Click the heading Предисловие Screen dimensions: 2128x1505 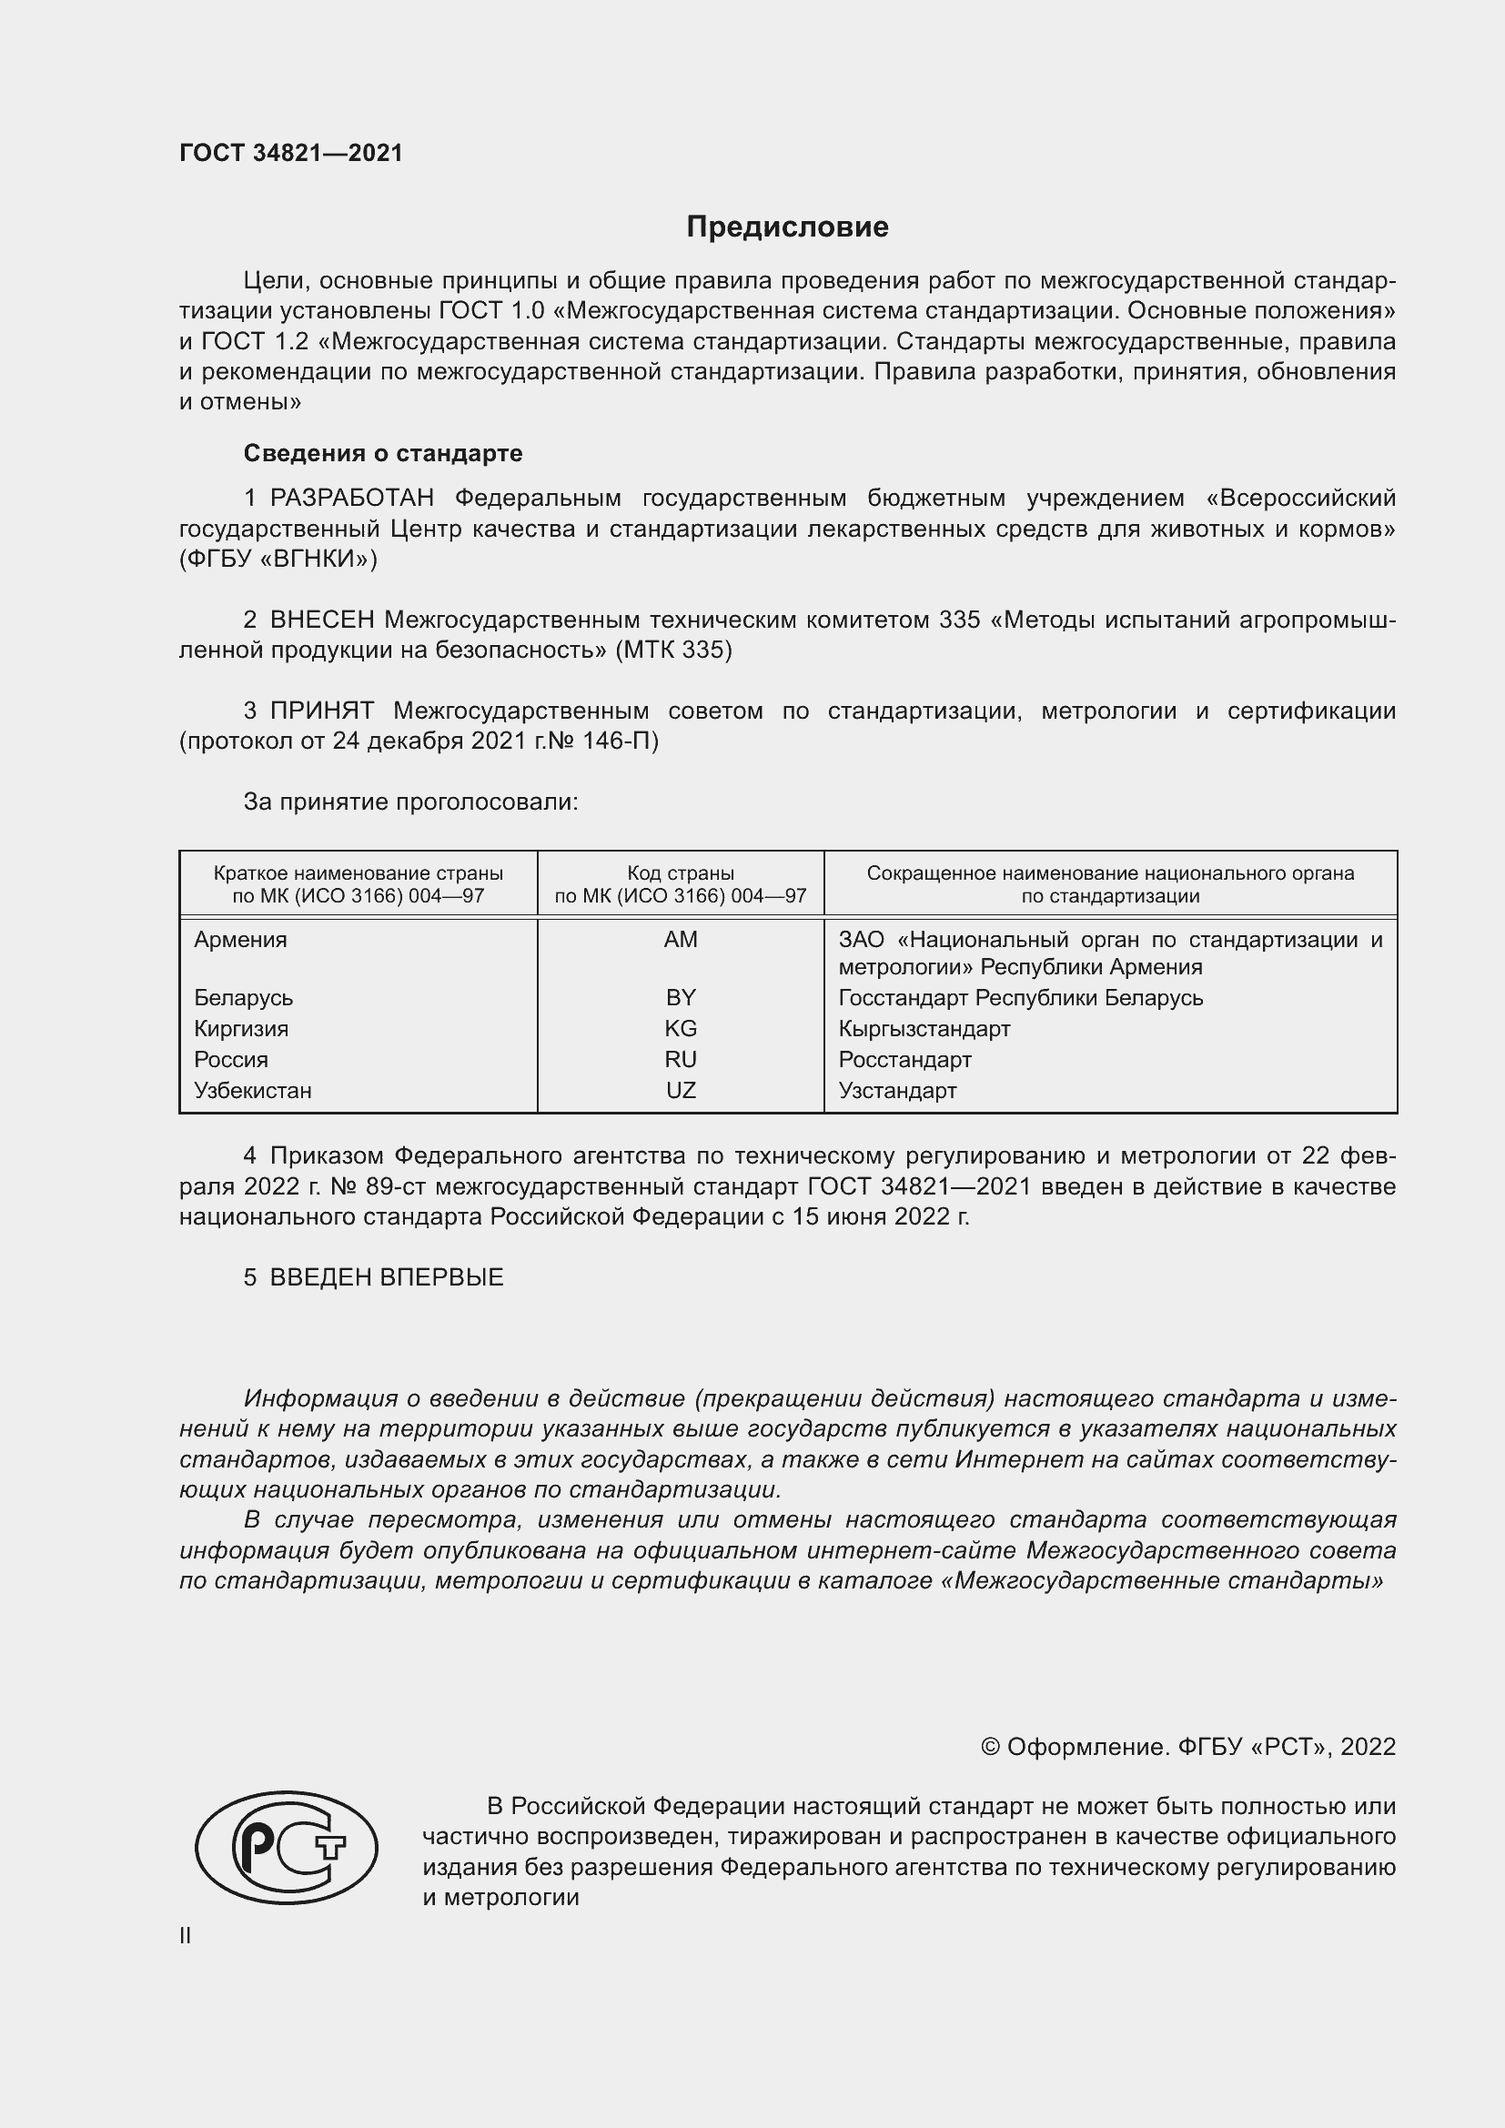click(x=787, y=227)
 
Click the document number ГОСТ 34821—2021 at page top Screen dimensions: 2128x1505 click(x=291, y=153)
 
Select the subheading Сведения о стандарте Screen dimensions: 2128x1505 click(x=383, y=453)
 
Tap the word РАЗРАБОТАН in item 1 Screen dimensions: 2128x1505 click(x=351, y=499)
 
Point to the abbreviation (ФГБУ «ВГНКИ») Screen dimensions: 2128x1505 click(x=278, y=559)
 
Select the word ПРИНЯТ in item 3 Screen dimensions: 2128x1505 click(x=321, y=711)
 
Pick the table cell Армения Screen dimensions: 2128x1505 click(x=240, y=940)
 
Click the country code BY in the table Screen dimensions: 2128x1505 click(x=681, y=998)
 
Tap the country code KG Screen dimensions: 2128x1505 click(x=681, y=1029)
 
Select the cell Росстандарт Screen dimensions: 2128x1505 click(x=904, y=1059)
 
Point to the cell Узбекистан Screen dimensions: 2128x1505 click(x=252, y=1091)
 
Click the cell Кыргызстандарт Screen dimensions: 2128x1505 click(x=924, y=1029)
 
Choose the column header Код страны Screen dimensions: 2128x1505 click(x=681, y=873)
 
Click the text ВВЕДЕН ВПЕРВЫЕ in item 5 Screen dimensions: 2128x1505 click(x=387, y=1277)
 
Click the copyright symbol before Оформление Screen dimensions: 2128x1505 click(x=990, y=1747)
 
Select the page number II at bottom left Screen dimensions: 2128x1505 click(x=186, y=1935)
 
